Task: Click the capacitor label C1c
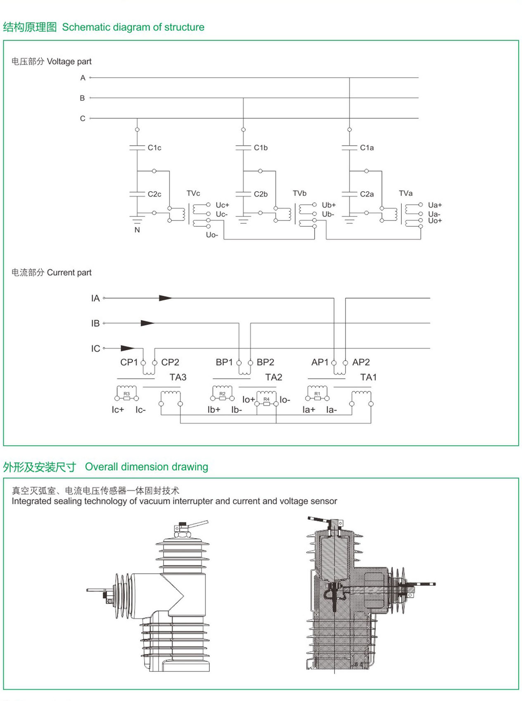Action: pos(154,148)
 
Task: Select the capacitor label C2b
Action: pos(261,194)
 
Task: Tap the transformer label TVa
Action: pos(406,193)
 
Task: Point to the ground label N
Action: pos(137,230)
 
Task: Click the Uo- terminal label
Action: pos(212,235)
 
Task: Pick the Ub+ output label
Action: pos(329,205)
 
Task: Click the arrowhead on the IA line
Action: pos(166,298)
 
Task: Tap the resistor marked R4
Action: pos(266,404)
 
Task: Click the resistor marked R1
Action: pos(317,398)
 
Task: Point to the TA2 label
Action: pos(273,377)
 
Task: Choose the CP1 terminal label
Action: pos(129,362)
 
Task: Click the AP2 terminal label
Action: pos(361,362)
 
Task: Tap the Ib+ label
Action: pos(214,410)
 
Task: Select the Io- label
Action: pos(285,400)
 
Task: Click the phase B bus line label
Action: pos(82,98)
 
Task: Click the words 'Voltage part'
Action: pos(69,62)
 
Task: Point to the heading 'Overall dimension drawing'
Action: pos(146,467)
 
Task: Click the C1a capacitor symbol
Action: pos(349,147)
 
